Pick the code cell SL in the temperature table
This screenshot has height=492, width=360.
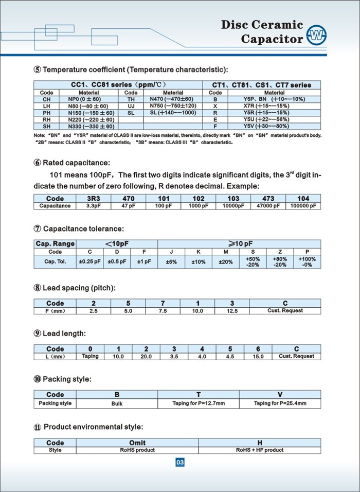pos(131,112)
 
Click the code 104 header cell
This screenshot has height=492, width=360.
pos(303,199)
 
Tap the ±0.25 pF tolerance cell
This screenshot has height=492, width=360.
pos(89,261)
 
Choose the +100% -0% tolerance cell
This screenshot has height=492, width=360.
pos(307,261)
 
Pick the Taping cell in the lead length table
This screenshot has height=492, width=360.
pos(90,356)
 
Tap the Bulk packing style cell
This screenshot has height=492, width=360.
pos(117,403)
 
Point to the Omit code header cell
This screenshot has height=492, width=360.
pos(137,443)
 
